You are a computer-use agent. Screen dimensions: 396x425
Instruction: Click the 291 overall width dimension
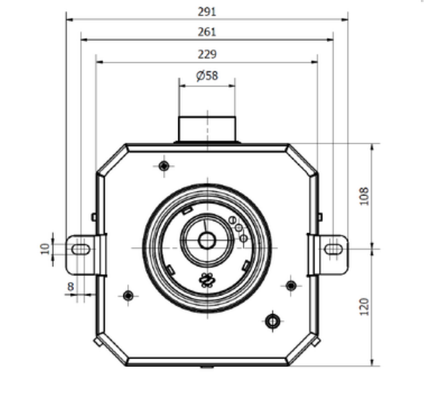tap(207, 12)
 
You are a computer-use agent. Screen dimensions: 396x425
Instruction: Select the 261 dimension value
tap(207, 32)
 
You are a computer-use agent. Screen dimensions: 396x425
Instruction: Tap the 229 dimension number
tap(207, 54)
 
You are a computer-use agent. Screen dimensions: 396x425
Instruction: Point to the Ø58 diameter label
tap(207, 76)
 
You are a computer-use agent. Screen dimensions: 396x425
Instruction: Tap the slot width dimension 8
tap(70, 285)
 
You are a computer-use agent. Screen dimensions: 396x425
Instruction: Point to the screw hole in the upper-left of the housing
tap(164, 166)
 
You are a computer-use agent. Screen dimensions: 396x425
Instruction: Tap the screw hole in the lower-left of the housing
tap(128, 296)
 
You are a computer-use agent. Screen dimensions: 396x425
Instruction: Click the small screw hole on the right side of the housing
tap(290, 285)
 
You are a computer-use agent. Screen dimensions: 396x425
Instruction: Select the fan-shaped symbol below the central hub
tap(207, 280)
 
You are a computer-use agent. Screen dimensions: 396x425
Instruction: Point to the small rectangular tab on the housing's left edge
tap(94, 217)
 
